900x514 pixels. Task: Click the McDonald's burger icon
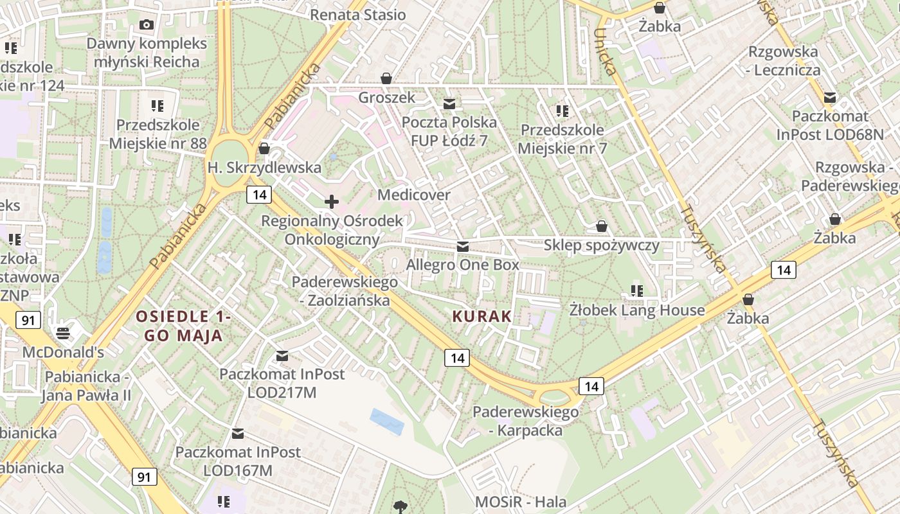[x=63, y=333]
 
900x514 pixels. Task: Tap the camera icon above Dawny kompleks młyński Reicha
[x=147, y=25]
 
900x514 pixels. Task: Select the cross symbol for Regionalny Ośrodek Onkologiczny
[x=332, y=202]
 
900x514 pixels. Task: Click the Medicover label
[x=414, y=195]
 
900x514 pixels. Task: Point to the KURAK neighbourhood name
[x=482, y=316]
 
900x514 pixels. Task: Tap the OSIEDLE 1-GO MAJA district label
[x=183, y=326]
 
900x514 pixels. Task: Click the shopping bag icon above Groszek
[x=386, y=78]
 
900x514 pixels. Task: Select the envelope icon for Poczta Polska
[x=449, y=103]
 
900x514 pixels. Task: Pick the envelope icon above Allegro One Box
[x=462, y=247]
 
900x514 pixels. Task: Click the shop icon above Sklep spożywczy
[x=602, y=226]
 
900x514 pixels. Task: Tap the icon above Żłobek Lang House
[x=637, y=291]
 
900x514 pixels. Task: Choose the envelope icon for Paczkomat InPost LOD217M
[x=282, y=356]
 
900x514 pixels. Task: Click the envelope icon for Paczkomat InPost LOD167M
[x=239, y=434]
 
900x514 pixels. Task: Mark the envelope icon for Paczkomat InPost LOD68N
[x=830, y=98]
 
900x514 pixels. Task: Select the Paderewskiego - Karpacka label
[x=526, y=421]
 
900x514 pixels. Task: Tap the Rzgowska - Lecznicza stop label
[x=784, y=60]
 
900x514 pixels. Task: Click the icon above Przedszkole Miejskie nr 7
[x=562, y=111]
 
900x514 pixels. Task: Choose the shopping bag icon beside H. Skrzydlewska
[x=264, y=149]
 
